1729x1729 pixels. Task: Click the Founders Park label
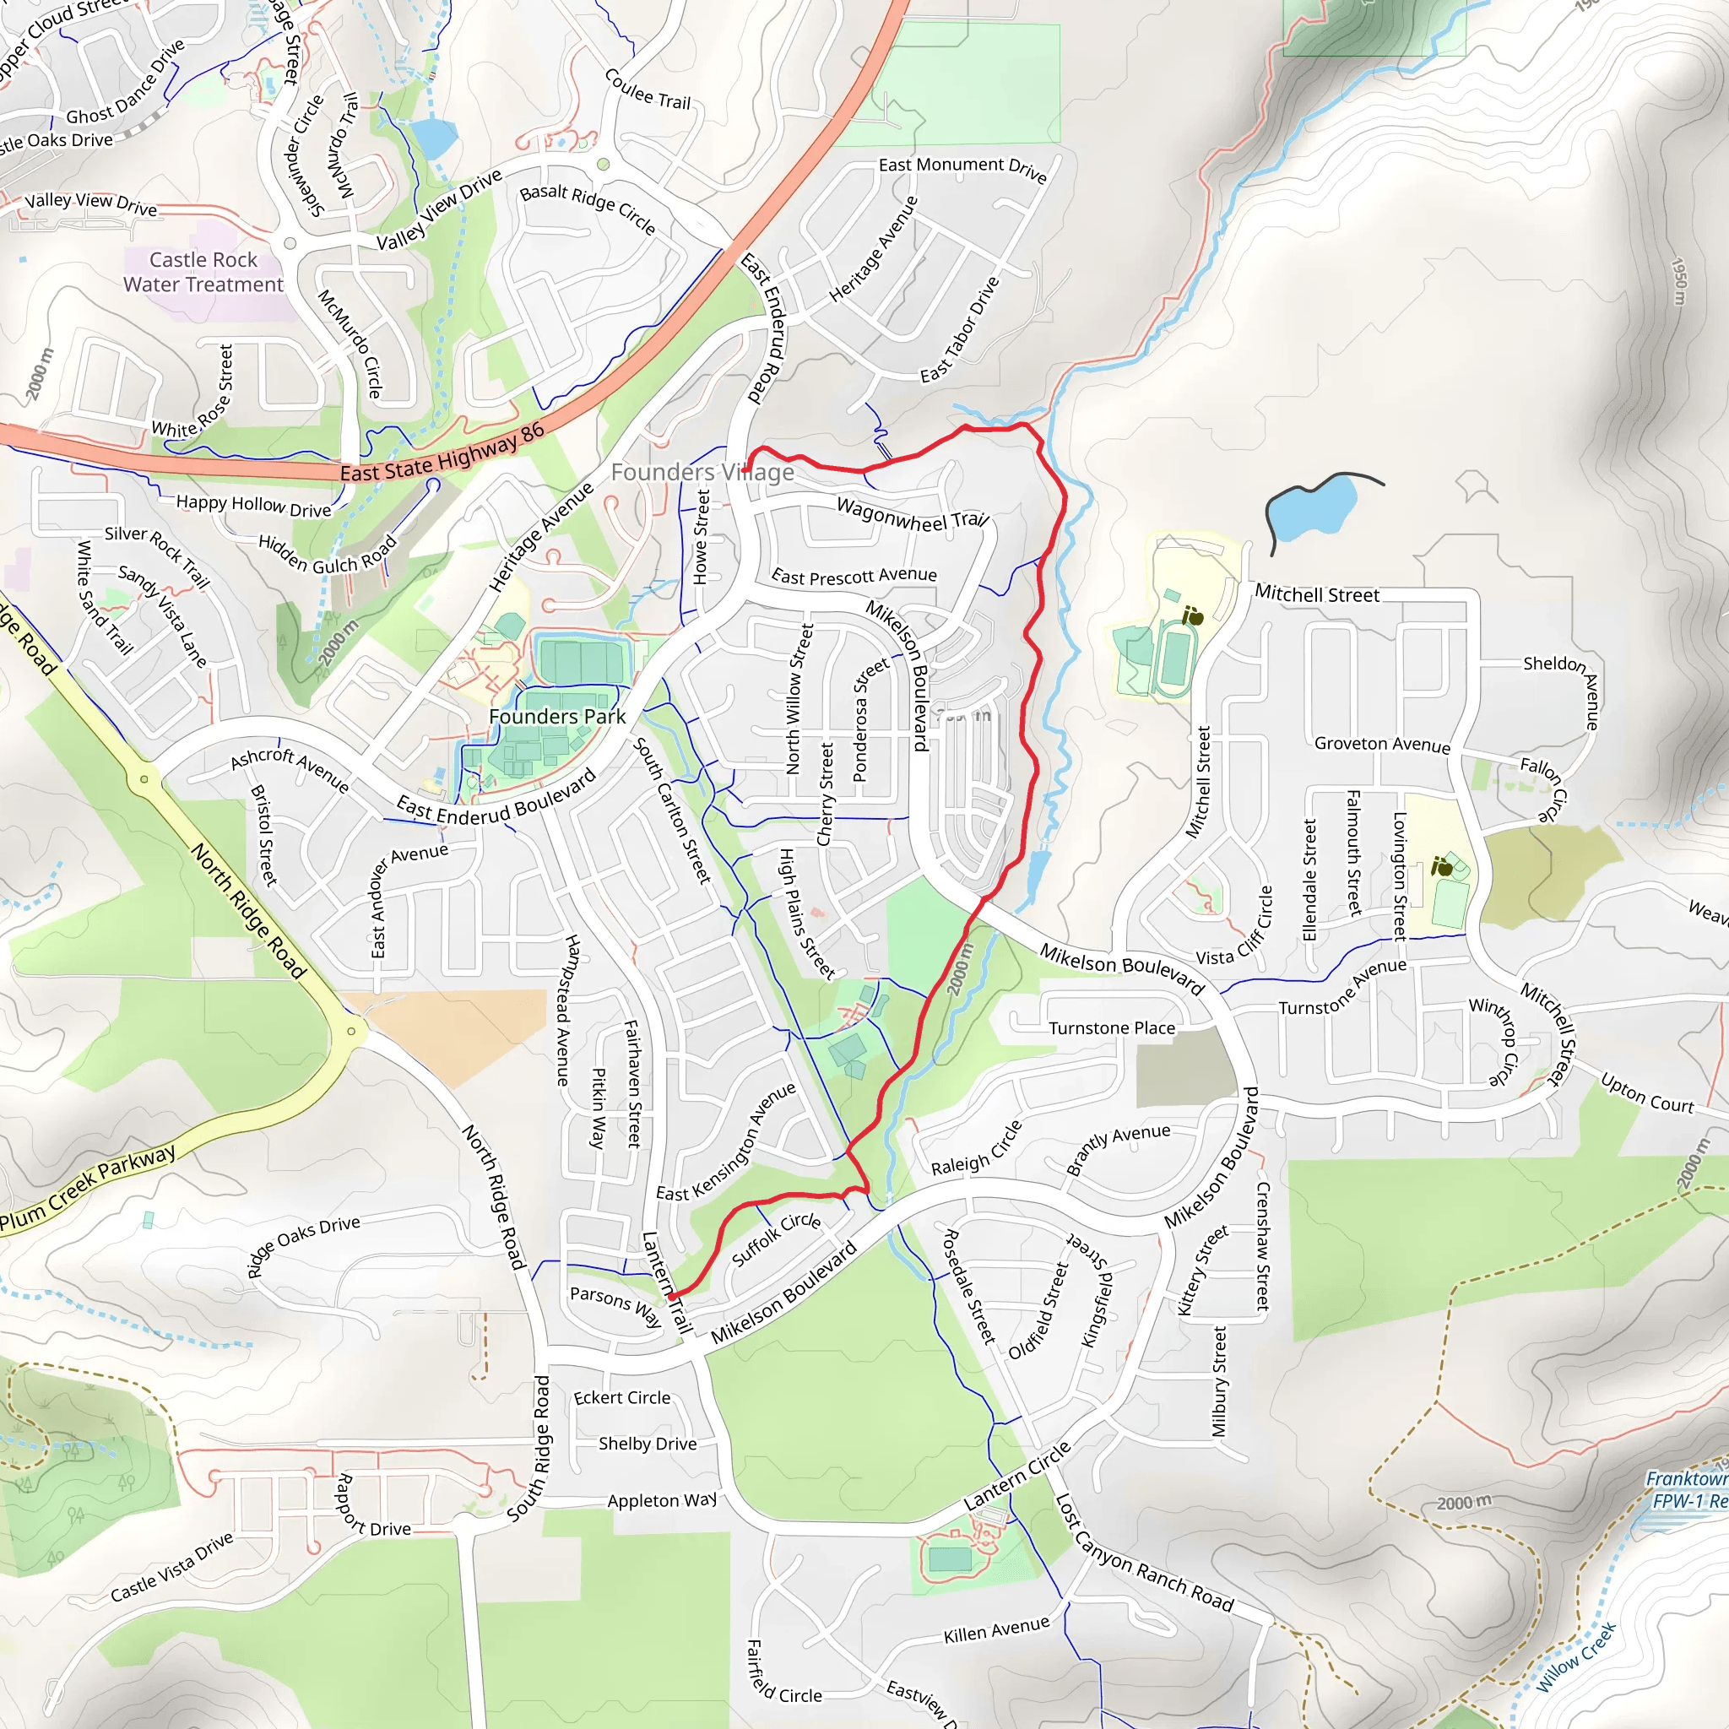tap(556, 717)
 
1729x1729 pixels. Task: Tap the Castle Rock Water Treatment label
tap(203, 272)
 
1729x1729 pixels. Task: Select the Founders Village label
tap(702, 472)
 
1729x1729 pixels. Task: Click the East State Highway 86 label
tap(442, 453)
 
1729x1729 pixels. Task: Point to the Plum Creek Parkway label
tap(88, 1189)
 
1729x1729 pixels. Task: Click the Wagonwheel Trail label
tap(912, 516)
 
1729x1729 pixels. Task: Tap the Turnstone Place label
tap(1112, 1028)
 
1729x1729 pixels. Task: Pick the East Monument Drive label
tap(962, 167)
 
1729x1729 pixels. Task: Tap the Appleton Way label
tap(661, 1501)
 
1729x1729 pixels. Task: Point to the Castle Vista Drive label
tap(172, 1567)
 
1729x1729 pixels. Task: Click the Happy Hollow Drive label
tap(253, 506)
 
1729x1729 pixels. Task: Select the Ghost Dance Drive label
tap(125, 84)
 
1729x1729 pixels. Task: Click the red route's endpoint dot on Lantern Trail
tap(671, 1295)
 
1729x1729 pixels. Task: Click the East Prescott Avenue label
tap(854, 577)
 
